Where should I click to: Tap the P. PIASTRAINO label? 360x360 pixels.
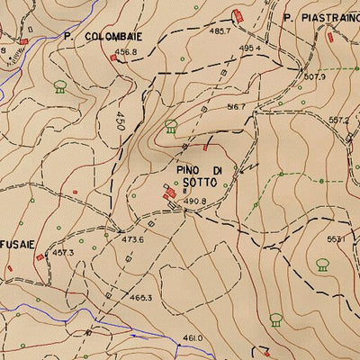(319, 17)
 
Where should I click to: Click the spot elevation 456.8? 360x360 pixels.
(126, 52)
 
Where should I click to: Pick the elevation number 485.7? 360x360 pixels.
(220, 31)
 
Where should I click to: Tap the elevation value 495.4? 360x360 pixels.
(249, 48)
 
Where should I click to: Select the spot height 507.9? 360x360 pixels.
(314, 76)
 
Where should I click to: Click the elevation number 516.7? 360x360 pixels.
(236, 106)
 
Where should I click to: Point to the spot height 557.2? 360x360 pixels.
(338, 120)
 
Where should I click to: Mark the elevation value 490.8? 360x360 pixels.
(195, 201)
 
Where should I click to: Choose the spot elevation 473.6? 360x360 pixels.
(133, 239)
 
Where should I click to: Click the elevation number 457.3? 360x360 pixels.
(62, 253)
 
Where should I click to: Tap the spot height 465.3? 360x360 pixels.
(140, 296)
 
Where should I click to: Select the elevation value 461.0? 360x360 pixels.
(193, 337)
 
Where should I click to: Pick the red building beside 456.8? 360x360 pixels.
(113, 58)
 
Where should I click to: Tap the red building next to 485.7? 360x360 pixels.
(238, 15)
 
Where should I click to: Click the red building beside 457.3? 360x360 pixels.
(40, 257)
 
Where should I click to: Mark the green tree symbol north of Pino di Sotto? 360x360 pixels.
(171, 125)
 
